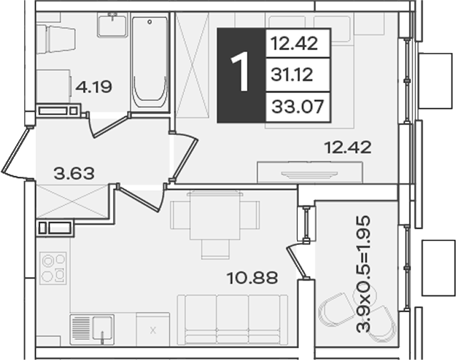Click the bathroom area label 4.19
(x=94, y=87)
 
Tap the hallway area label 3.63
(x=74, y=173)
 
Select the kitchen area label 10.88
(x=252, y=278)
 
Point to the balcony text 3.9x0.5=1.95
(x=364, y=274)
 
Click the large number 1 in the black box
(x=241, y=72)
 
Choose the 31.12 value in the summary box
(x=291, y=74)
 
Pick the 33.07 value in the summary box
(x=298, y=107)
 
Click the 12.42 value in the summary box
(x=294, y=44)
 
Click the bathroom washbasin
(x=112, y=26)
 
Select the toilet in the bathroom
(x=56, y=39)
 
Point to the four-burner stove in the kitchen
(x=53, y=268)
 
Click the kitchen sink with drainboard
(x=92, y=329)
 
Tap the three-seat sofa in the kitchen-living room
(x=233, y=320)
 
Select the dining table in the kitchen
(x=215, y=215)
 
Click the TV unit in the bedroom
(x=310, y=172)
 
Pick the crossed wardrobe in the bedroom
(x=193, y=65)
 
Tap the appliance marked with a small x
(x=152, y=329)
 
